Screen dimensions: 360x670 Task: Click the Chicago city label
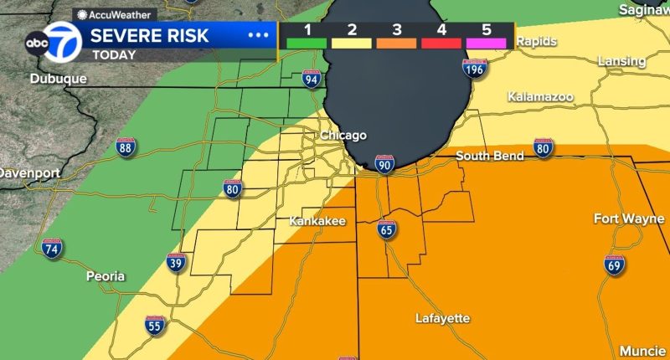point(343,136)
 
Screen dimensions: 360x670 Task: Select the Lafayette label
point(442,318)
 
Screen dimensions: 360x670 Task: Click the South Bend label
point(490,156)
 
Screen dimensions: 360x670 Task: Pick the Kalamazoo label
point(540,97)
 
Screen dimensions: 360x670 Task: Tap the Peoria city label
point(106,275)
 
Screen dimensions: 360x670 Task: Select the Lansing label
point(622,61)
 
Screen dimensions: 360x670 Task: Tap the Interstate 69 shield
point(614,264)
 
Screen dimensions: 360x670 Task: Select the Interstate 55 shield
point(153,327)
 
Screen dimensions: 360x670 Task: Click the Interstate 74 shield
point(51,248)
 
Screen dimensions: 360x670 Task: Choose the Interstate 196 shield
point(475,68)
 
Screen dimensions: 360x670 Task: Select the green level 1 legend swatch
point(307,43)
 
